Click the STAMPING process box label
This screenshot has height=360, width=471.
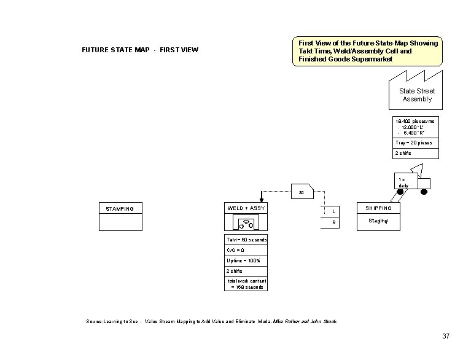coord(120,209)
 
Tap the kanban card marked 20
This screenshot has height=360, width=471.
coord(302,192)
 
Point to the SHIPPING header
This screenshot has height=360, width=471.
coord(378,208)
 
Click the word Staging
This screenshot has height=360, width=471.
coord(378,221)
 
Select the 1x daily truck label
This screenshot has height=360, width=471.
coord(403,182)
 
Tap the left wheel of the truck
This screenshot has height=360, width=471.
coord(400,192)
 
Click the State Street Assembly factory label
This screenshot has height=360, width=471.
coord(417,95)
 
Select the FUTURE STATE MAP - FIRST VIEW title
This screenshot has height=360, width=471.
coord(140,50)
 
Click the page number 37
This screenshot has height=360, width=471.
coord(446,336)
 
